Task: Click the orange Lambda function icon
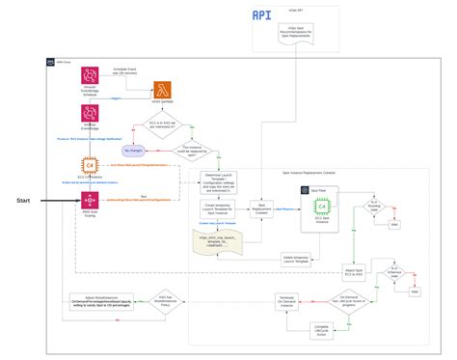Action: [157, 88]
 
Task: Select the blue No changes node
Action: [135, 152]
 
